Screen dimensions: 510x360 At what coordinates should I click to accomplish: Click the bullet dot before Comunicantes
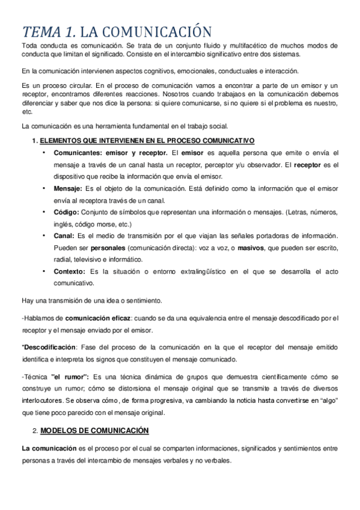44,153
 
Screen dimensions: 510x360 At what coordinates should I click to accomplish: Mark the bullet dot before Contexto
44,271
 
